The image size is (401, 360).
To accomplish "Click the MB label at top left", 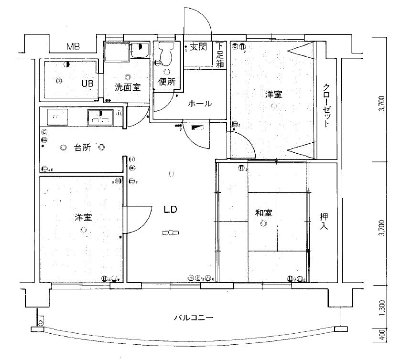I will tap(73, 47).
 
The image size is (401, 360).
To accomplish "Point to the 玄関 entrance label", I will tap(198, 47).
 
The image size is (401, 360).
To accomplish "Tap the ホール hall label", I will tap(200, 104).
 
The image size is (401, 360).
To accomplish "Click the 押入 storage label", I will tap(324, 222).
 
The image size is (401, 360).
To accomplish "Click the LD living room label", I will tap(171, 209).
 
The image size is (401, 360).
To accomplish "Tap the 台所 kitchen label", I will tap(82, 148).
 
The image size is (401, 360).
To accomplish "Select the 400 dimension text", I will tap(381, 336).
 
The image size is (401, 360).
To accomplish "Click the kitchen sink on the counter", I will tap(100, 116).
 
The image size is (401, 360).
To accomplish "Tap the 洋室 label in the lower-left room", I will tap(83, 217).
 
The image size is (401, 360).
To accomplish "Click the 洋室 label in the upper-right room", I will tap(274, 95).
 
